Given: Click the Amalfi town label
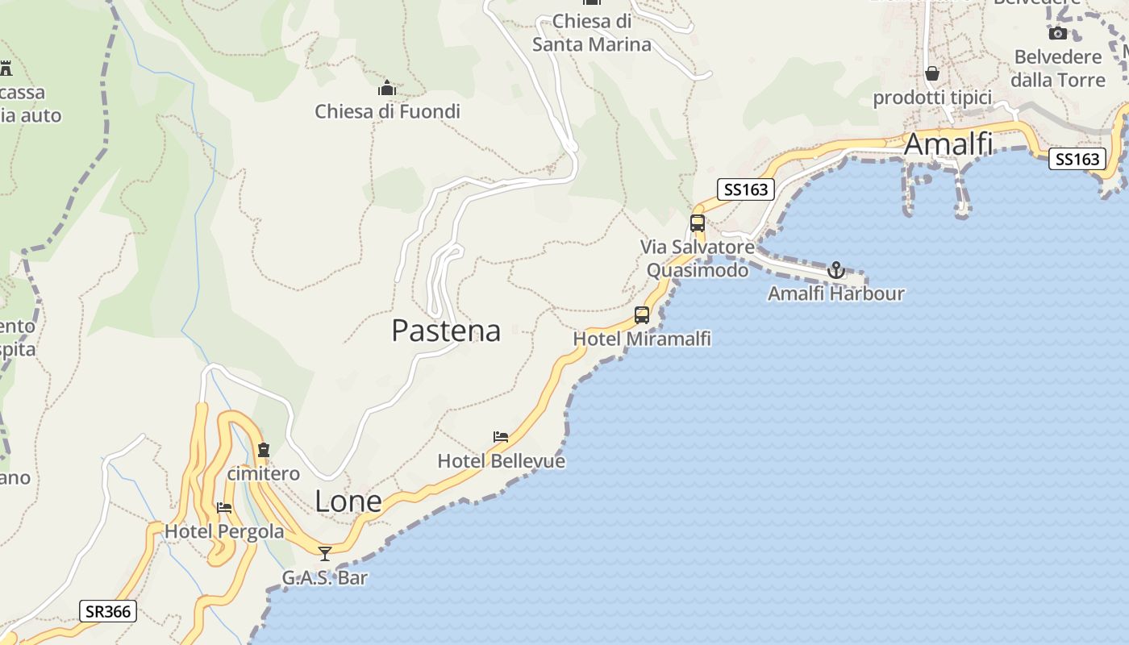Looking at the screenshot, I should click(948, 144).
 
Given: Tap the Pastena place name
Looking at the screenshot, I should click(446, 331).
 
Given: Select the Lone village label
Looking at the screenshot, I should click(348, 501).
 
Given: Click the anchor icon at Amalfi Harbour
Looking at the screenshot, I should click(835, 270).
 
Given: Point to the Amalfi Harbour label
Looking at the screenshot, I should click(835, 293).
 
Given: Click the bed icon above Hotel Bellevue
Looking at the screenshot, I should click(501, 437).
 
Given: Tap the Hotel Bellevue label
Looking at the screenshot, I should click(501, 461).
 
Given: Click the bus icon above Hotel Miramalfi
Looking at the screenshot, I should click(642, 315).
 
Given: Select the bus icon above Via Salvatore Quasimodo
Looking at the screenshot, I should click(698, 223).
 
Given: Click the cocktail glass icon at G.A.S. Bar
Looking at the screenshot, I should click(325, 553).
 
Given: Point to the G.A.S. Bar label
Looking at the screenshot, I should click(325, 577).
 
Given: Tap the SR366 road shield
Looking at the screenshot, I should click(108, 611).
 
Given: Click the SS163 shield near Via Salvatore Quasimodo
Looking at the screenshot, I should click(746, 189).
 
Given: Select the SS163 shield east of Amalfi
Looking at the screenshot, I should click(1077, 159).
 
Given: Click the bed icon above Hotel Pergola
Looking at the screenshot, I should click(224, 508).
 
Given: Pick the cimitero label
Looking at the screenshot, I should click(263, 473).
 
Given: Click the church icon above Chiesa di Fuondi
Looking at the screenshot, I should click(387, 88).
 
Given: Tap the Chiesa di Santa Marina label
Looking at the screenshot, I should click(592, 33).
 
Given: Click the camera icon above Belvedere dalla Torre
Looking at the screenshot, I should click(1057, 33).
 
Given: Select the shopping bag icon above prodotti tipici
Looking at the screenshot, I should click(932, 74).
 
